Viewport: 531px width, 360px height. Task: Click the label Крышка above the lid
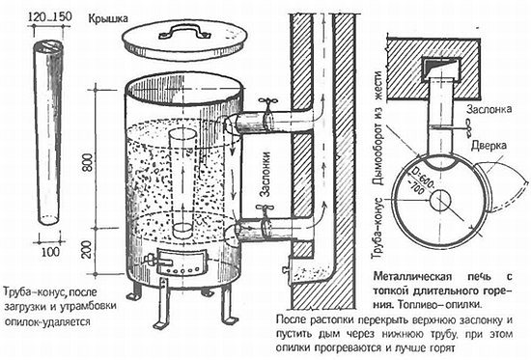coord(108,18)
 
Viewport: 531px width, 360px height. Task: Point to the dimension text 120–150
coord(50,16)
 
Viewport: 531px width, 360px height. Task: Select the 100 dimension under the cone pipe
coord(50,252)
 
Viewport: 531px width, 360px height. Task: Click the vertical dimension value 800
coord(87,162)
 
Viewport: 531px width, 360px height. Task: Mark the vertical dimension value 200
coord(87,250)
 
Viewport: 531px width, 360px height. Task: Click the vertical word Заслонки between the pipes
coord(266,174)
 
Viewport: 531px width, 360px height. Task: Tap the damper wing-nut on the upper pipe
coord(267,101)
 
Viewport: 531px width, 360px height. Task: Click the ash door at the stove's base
coord(182,262)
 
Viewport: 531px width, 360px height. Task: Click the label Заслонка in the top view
coord(489,109)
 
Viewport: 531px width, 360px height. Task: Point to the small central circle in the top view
coord(440,200)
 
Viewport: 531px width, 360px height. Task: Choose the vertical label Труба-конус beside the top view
coord(377,229)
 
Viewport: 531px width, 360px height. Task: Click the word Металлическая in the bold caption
coord(412,276)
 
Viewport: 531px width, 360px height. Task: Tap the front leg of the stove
coord(162,302)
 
